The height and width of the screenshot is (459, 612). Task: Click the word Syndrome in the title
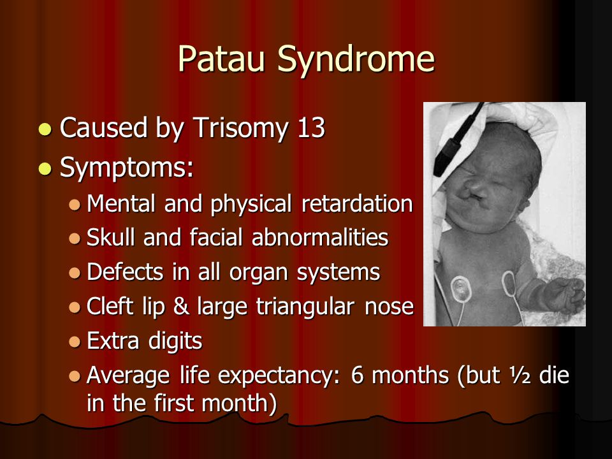point(356,60)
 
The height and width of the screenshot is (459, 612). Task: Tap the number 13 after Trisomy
point(311,127)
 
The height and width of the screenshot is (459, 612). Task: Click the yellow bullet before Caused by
point(46,129)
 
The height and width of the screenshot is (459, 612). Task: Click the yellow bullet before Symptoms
point(46,168)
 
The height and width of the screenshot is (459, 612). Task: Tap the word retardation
point(357,203)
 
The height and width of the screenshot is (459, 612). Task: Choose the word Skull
point(112,237)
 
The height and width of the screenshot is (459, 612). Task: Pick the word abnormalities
point(320,237)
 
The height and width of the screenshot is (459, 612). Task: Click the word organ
point(258,273)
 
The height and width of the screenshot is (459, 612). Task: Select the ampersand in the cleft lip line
point(181,305)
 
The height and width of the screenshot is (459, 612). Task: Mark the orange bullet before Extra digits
point(74,342)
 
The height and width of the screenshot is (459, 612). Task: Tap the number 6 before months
point(357,375)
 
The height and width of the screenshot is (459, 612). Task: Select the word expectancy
point(279,376)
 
